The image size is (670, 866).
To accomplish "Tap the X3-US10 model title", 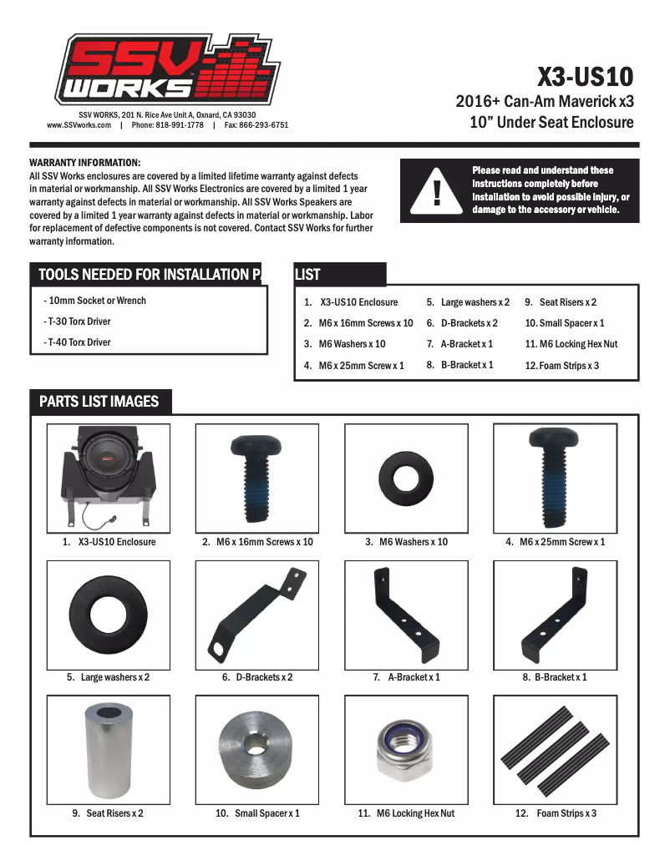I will coord(585,78).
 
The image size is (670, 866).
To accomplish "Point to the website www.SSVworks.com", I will coord(79,125).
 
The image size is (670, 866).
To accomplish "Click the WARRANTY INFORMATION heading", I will coord(85,162).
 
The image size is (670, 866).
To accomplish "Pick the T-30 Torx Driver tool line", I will coord(78,322).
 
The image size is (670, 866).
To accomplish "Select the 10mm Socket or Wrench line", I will coord(95,301).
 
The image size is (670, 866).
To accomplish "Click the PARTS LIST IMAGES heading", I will coord(99,402).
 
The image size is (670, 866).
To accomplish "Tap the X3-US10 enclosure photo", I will coord(109,475).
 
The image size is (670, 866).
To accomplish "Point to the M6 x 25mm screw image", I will coord(555,476).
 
